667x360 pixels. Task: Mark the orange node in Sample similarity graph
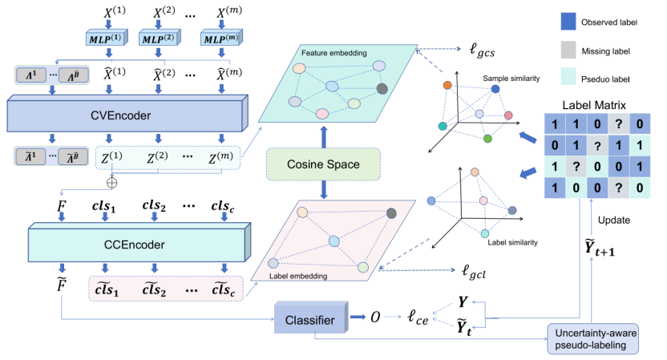(447, 86)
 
